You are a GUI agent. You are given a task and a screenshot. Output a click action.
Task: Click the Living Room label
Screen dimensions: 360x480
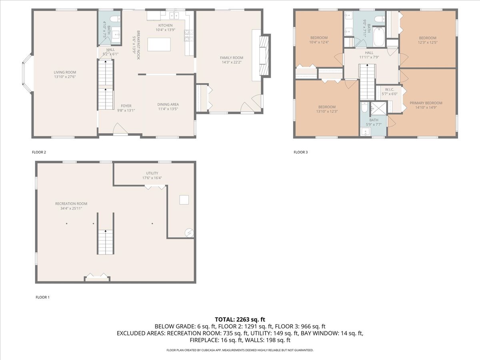click(x=65, y=72)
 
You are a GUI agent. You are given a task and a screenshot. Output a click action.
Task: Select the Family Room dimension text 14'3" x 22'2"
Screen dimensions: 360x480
click(x=232, y=62)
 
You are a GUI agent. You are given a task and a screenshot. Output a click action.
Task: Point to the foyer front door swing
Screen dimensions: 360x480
click(x=120, y=129)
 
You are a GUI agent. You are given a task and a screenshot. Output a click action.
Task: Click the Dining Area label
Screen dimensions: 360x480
click(x=168, y=104)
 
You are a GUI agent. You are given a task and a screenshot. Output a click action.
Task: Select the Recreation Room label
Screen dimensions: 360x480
click(x=71, y=204)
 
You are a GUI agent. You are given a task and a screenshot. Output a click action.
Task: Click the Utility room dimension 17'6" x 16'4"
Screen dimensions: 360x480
click(x=152, y=178)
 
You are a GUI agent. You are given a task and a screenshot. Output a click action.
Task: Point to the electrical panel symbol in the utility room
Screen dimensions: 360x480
click(x=189, y=232)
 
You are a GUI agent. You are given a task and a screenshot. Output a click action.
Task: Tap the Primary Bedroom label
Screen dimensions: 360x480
click(x=426, y=103)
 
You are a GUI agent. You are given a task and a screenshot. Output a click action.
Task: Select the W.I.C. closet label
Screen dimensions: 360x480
click(x=390, y=89)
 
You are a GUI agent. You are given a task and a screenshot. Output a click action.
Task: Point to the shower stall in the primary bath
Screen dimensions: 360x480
click(x=378, y=108)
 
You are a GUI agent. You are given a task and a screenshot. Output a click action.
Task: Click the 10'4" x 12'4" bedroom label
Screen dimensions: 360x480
click(x=319, y=38)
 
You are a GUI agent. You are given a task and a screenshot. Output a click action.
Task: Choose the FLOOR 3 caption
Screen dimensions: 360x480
click(x=300, y=152)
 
